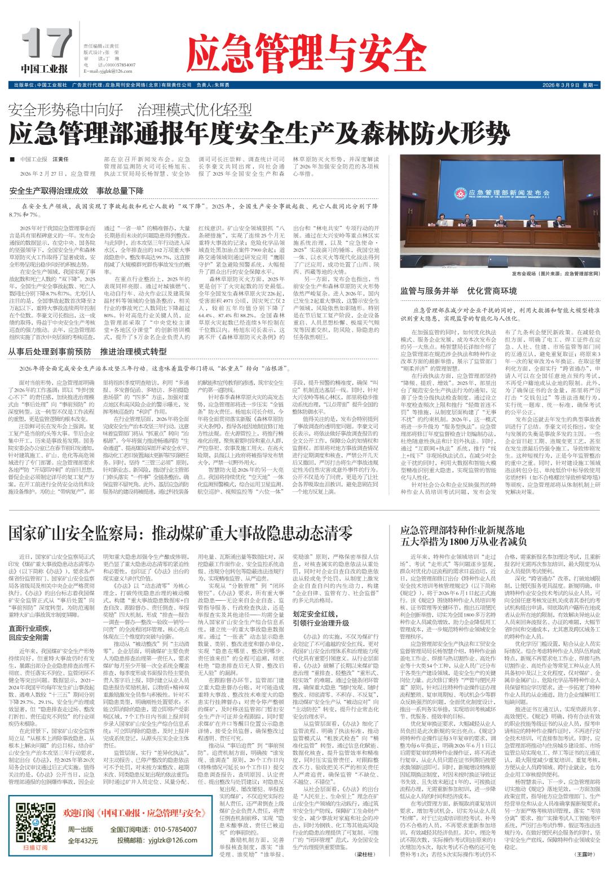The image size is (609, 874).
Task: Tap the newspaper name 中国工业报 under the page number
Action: (45, 69)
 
